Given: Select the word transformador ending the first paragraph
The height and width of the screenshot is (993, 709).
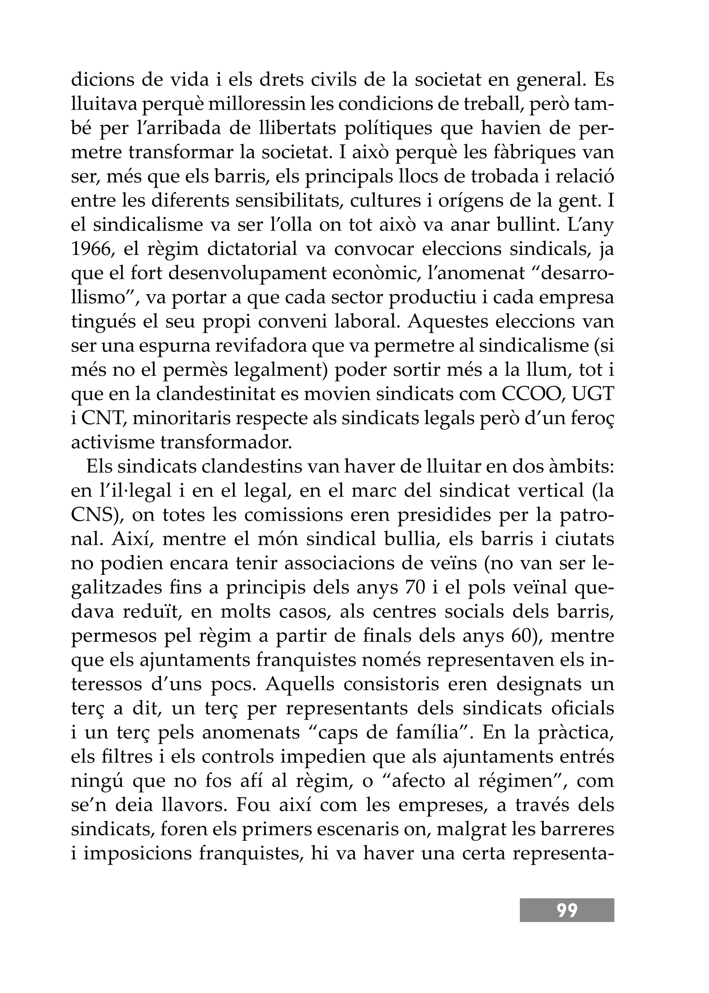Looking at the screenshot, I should tap(225, 443).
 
